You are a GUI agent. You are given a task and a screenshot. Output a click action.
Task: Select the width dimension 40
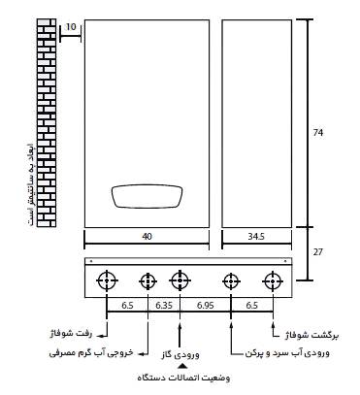coord(147,235)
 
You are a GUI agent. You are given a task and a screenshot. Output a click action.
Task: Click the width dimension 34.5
coord(257,235)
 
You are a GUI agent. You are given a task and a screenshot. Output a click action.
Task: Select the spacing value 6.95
coord(204,305)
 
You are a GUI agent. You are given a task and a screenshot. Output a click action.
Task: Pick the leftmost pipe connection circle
coord(106,281)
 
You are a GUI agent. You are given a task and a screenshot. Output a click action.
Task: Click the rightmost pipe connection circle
coord(273,281)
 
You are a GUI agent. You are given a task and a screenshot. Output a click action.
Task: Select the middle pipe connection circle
coord(179,281)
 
